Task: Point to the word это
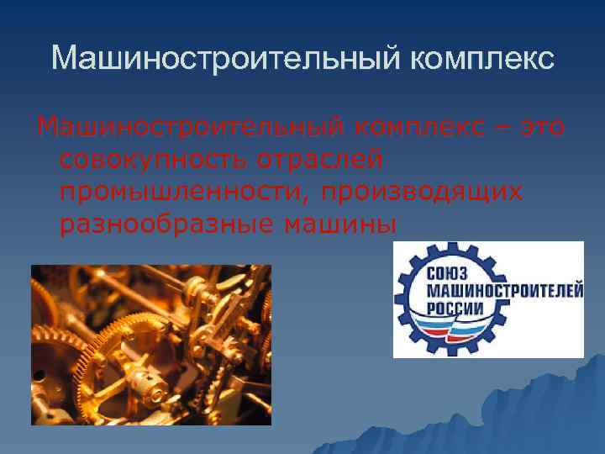543,128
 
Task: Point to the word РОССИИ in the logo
456,308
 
